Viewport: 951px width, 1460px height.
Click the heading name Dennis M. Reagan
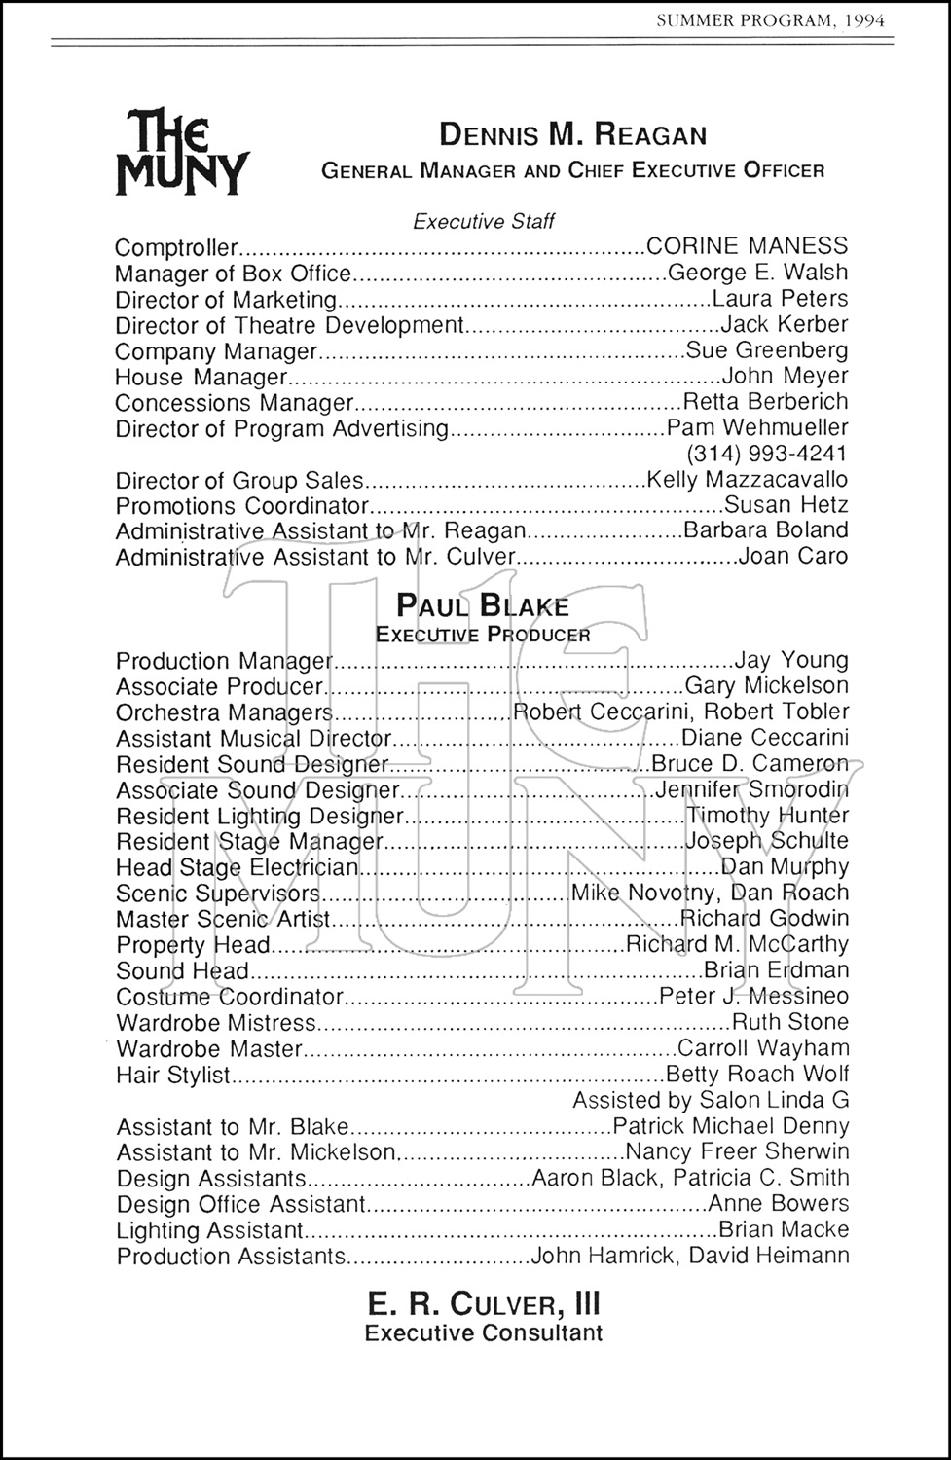(x=572, y=134)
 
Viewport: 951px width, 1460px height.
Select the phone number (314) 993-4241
(x=767, y=454)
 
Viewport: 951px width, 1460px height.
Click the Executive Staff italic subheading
(x=484, y=221)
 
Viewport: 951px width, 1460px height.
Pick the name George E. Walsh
(x=757, y=273)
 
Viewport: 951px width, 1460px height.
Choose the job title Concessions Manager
(x=234, y=402)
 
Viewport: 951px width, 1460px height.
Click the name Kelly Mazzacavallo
(x=747, y=480)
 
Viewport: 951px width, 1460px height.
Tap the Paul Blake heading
(x=483, y=606)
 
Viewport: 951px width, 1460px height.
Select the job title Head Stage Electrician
(x=238, y=867)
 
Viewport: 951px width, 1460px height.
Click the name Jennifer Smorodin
(x=751, y=789)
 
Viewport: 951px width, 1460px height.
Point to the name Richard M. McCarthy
(x=737, y=944)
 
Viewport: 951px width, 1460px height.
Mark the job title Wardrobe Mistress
(x=216, y=1022)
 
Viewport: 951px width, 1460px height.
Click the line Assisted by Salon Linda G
(x=711, y=1100)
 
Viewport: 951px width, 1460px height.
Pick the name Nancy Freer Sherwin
(x=737, y=1152)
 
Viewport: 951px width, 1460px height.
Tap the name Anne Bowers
(x=779, y=1204)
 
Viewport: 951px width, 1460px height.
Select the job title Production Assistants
(x=232, y=1256)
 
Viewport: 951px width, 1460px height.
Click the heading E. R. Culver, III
(x=484, y=1303)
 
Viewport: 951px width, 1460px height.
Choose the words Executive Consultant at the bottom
(x=484, y=1333)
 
